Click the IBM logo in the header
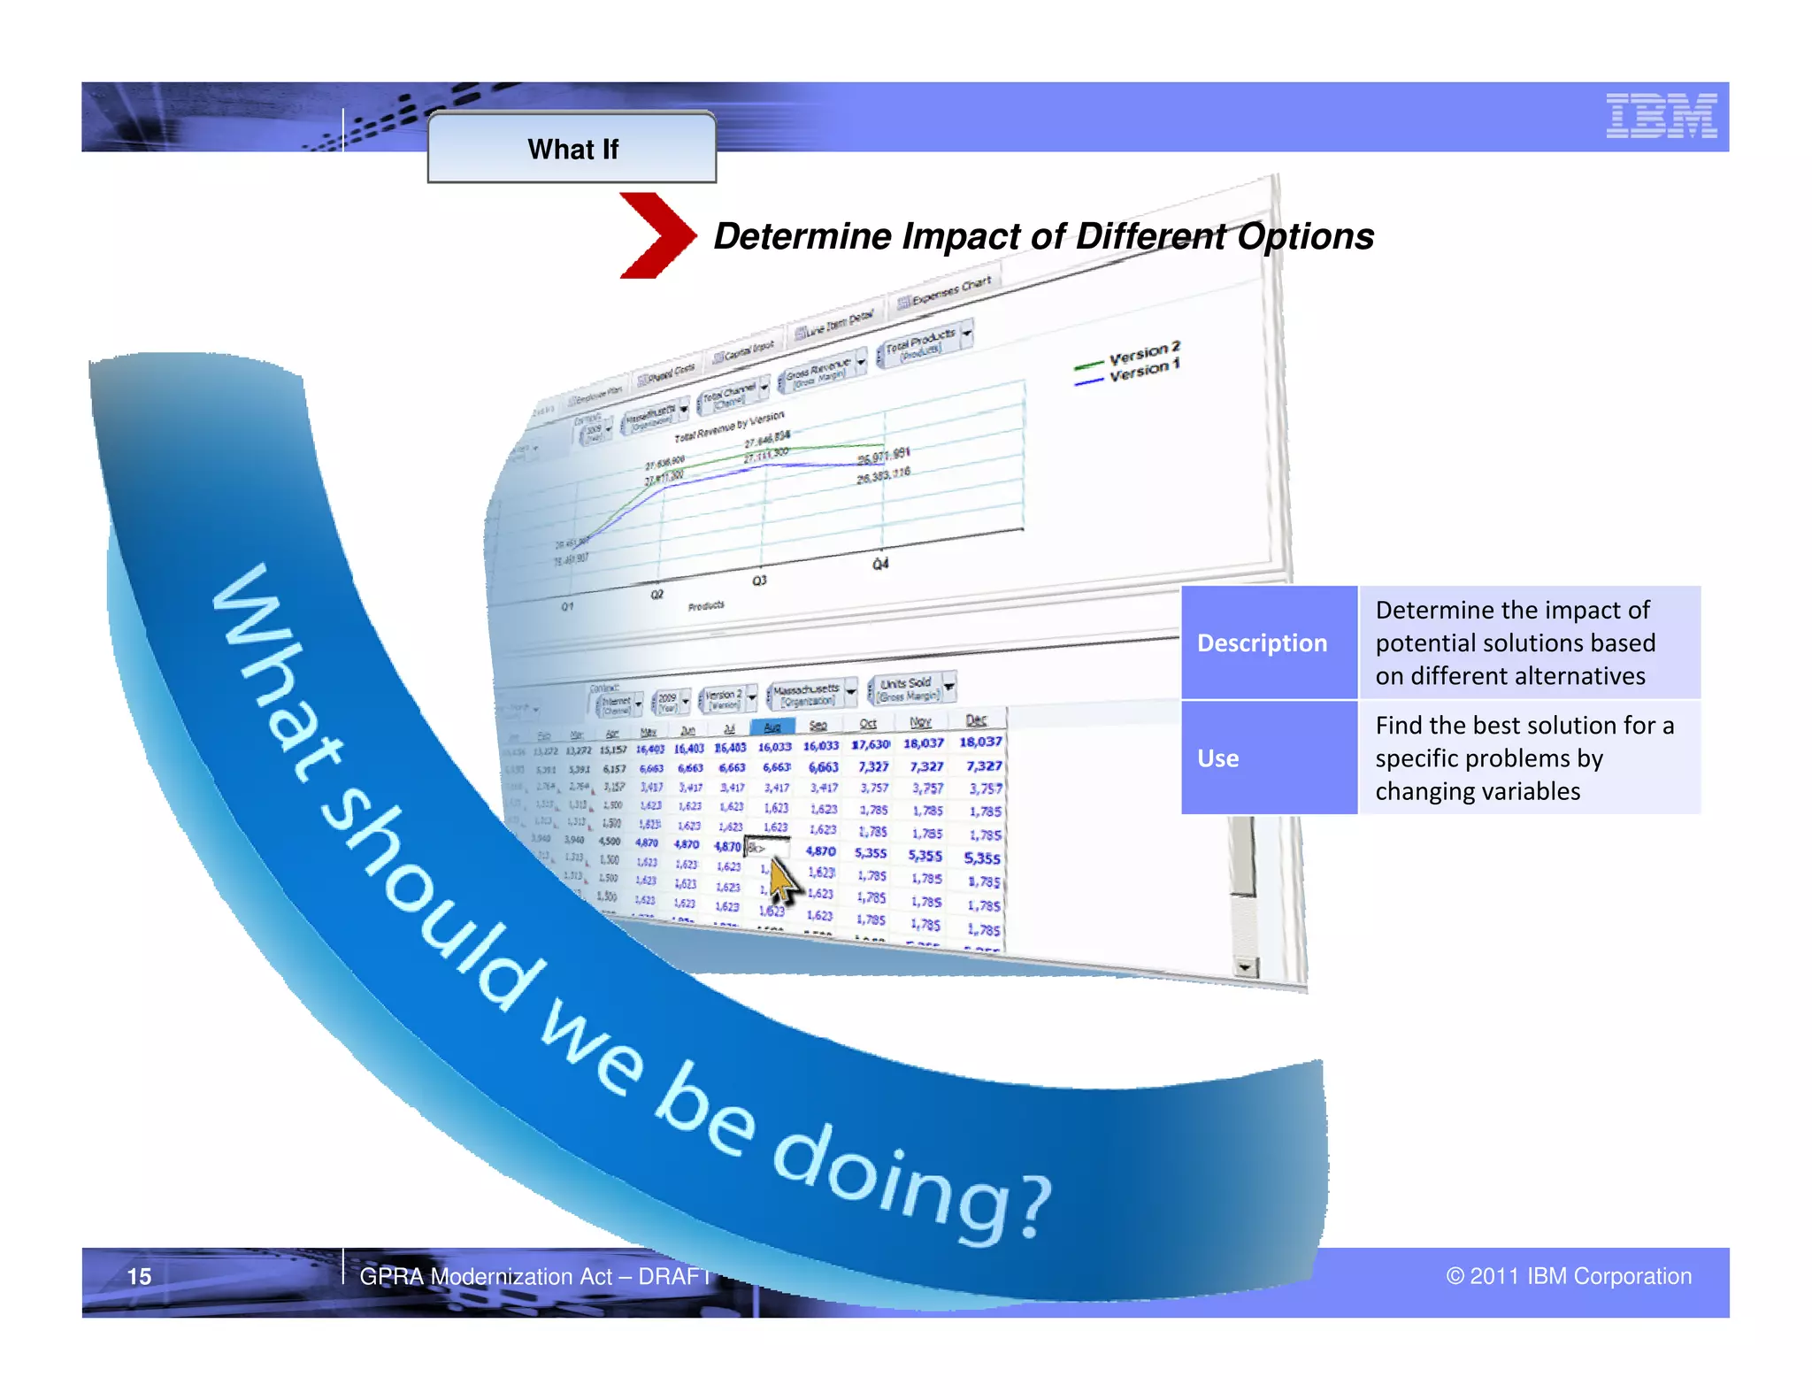tap(1661, 116)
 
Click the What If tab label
tap(572, 149)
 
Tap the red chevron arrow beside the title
tap(656, 235)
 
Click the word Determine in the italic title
tap(801, 236)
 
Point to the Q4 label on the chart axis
tap(879, 564)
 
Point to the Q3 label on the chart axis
tap(759, 581)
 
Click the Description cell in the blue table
tap(1262, 643)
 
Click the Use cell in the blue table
tap(1217, 758)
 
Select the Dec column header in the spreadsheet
tap(976, 720)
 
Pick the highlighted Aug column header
tap(772, 727)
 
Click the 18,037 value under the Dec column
tap(980, 742)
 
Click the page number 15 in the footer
tap(139, 1276)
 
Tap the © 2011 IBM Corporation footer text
tap(1568, 1276)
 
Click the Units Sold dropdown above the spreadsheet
tap(911, 688)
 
